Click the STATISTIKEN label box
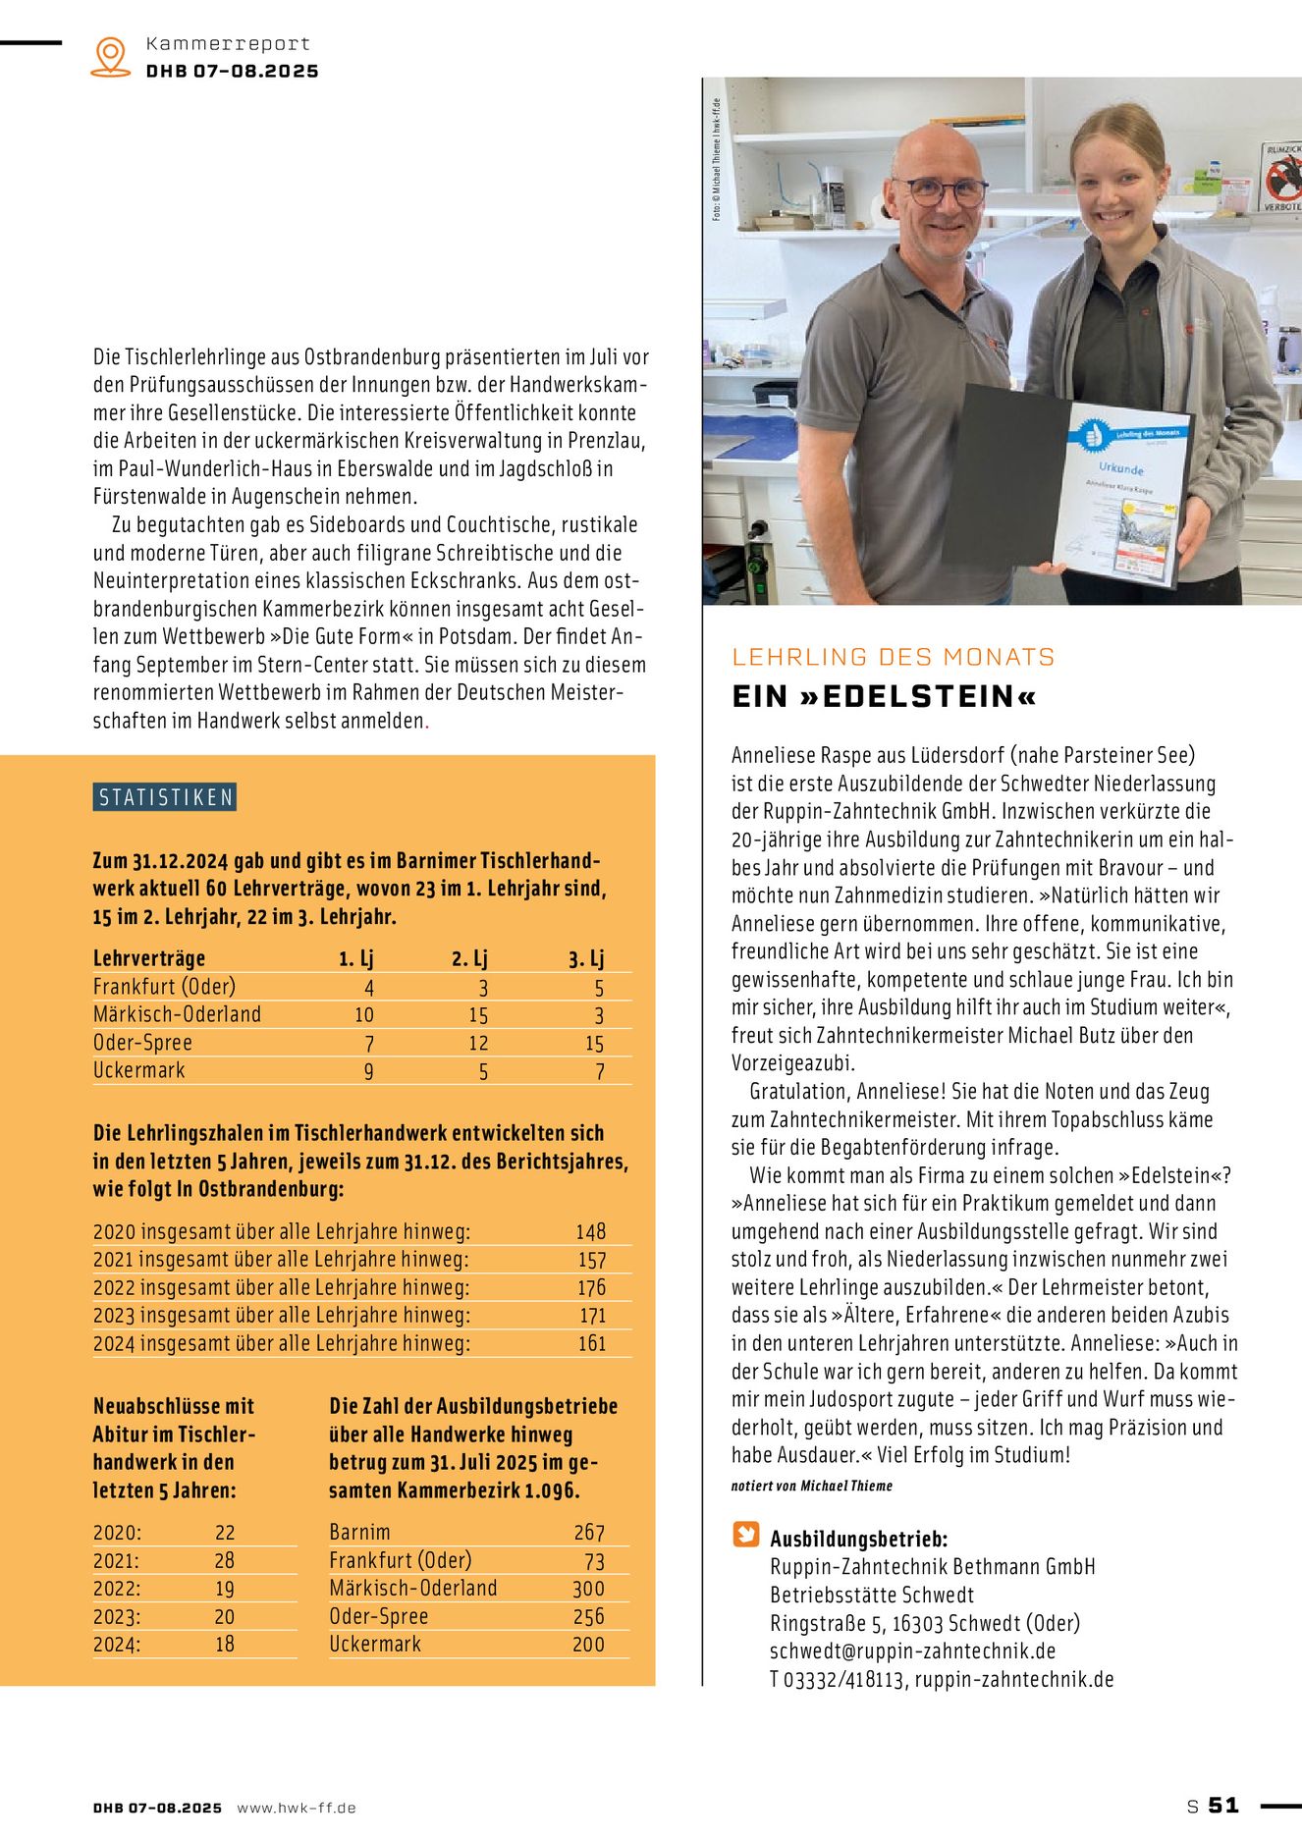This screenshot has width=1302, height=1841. tap(165, 797)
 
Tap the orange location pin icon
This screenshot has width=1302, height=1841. tap(110, 56)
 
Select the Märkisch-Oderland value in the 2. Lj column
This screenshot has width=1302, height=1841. tap(478, 1015)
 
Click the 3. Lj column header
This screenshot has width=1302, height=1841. tap(586, 958)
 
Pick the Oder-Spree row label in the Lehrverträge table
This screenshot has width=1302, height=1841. tap(142, 1043)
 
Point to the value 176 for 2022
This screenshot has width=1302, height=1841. tap(591, 1287)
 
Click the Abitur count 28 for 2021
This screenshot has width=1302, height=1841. tap(225, 1560)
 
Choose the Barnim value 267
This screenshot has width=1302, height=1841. tap(589, 1532)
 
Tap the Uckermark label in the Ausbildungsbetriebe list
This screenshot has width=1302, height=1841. tap(375, 1644)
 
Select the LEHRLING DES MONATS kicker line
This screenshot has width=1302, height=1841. tap(894, 657)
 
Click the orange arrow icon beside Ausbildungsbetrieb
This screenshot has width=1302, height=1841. tap(746, 1535)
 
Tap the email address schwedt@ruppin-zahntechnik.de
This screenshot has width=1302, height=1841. tap(912, 1651)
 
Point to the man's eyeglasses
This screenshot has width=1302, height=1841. tap(940, 190)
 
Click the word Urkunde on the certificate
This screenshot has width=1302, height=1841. tap(1121, 468)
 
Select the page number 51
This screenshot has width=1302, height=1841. tap(1223, 1805)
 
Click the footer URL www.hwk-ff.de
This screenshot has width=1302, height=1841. tap(297, 1807)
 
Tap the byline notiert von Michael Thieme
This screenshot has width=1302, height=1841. tap(812, 1486)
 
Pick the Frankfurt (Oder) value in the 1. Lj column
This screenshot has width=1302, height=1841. tap(369, 988)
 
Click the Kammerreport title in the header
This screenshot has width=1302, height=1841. tap(228, 43)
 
